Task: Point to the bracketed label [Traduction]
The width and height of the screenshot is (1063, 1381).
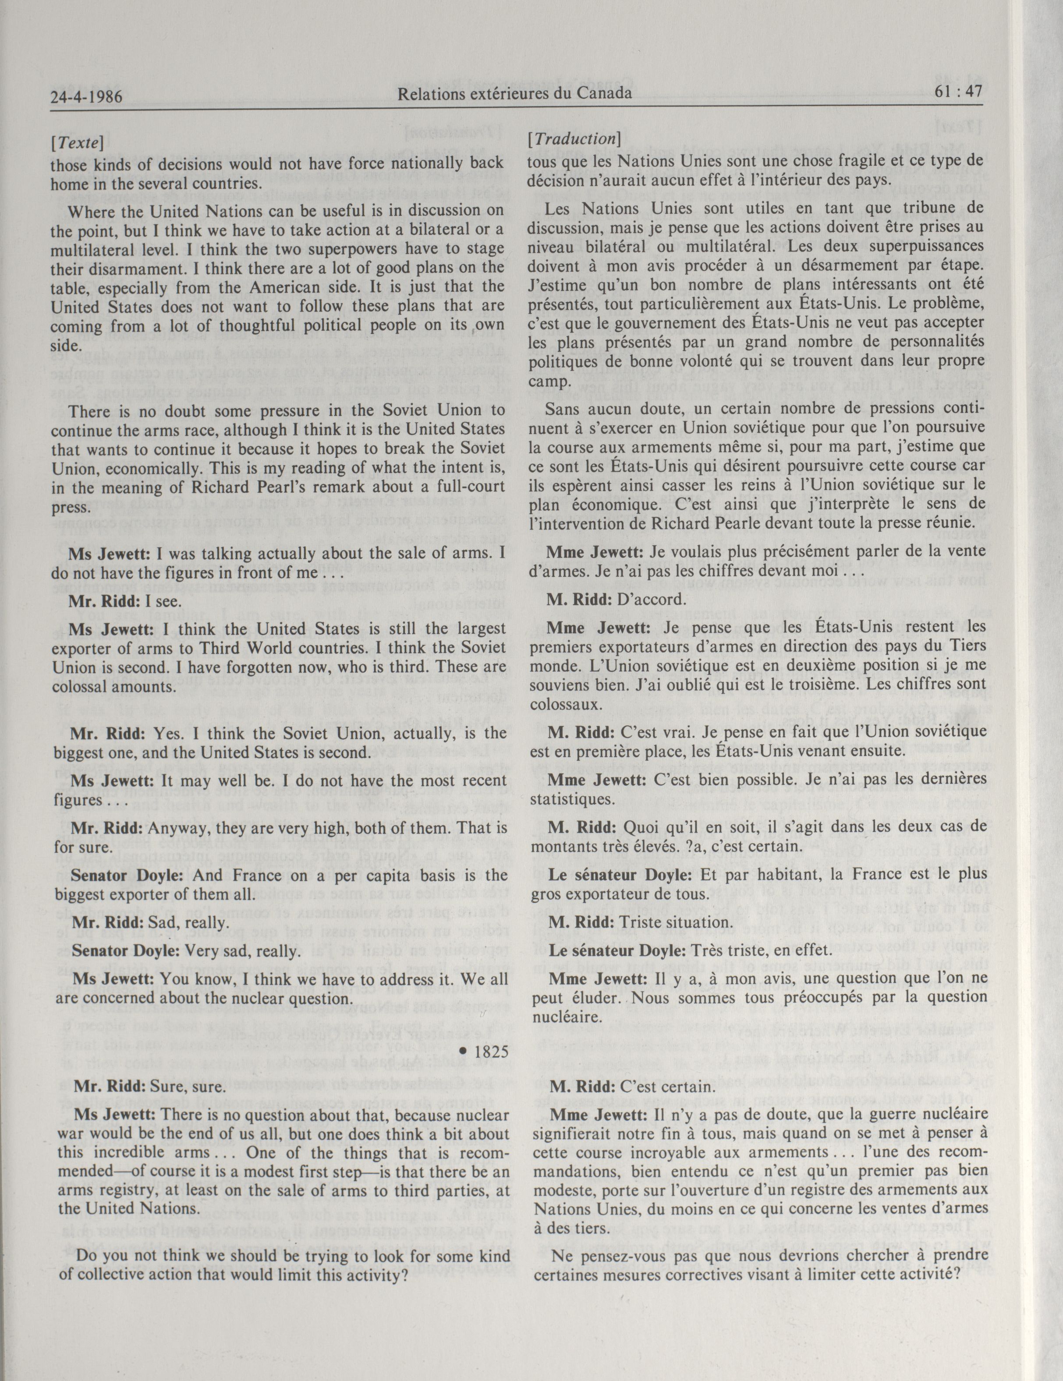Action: (x=574, y=139)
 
